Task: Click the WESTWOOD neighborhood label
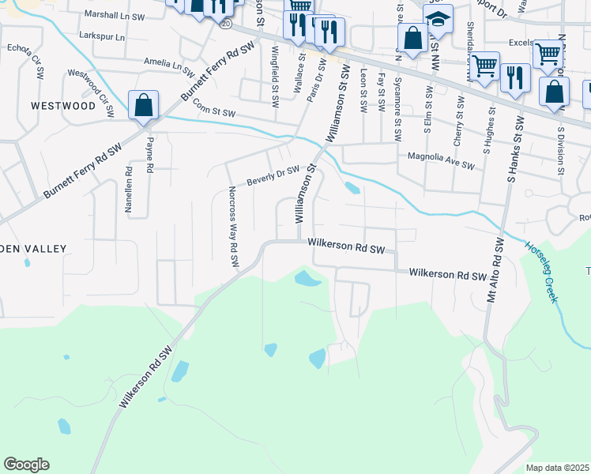click(62, 105)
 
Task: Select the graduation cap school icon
click(437, 19)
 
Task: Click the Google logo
click(26, 465)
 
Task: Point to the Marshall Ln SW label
click(115, 15)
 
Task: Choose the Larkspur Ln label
click(103, 36)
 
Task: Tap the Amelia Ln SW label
click(168, 62)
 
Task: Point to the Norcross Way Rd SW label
click(233, 227)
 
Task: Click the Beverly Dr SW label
click(273, 175)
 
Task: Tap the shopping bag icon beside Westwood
click(143, 105)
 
